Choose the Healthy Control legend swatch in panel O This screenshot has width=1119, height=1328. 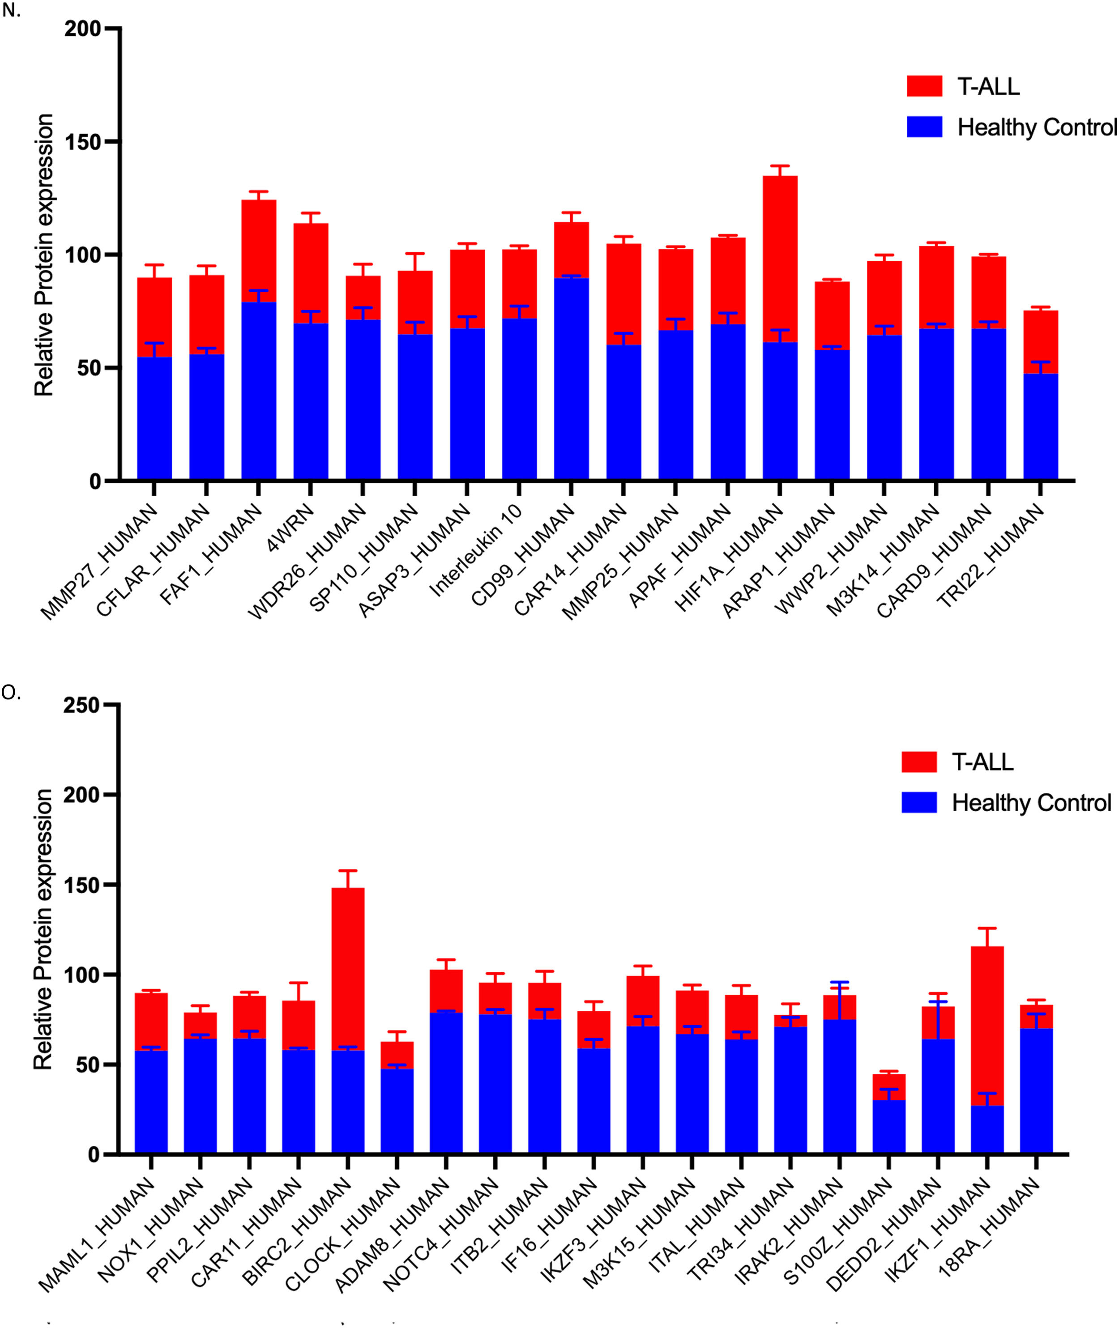[x=918, y=803]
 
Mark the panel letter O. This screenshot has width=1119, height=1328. [x=11, y=693]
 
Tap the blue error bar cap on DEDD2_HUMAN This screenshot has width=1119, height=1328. [x=938, y=1002]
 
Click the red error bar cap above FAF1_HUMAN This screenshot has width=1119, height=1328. [x=258, y=192]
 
